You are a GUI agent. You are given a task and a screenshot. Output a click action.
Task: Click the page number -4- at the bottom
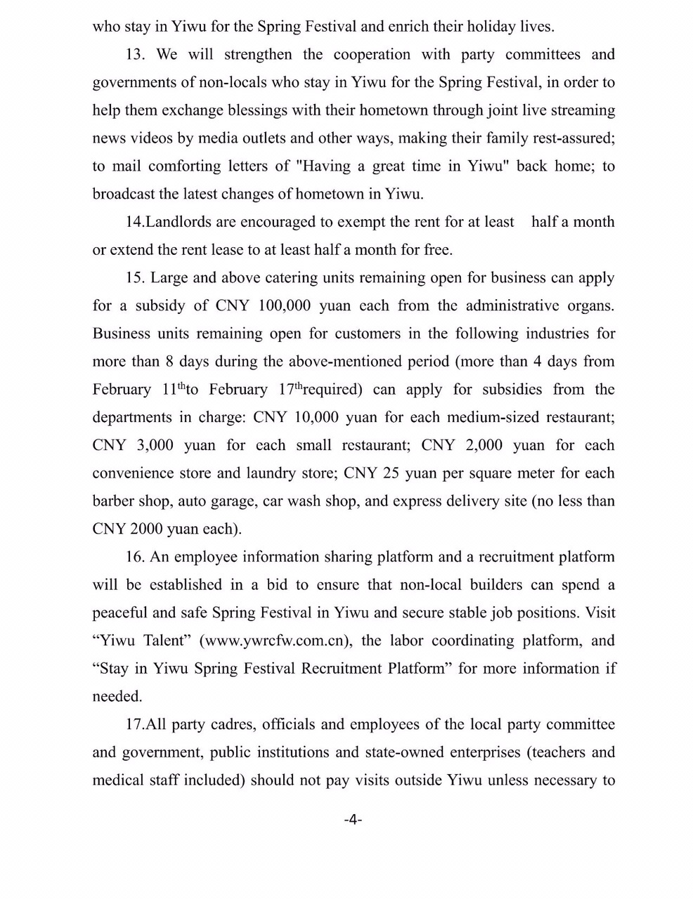pyautogui.click(x=353, y=820)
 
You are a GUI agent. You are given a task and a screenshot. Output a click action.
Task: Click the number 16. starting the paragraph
pyautogui.click(x=136, y=557)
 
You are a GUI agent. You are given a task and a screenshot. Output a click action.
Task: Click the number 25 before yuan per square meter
pyautogui.click(x=392, y=473)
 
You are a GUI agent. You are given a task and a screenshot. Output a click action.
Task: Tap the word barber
pyautogui.click(x=112, y=501)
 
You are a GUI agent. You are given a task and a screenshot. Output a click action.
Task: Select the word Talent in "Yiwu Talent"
pyautogui.click(x=169, y=641)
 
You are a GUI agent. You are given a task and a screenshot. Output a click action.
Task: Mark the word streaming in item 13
pyautogui.click(x=581, y=110)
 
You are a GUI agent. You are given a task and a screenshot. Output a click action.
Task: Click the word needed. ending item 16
pyautogui.click(x=117, y=697)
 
